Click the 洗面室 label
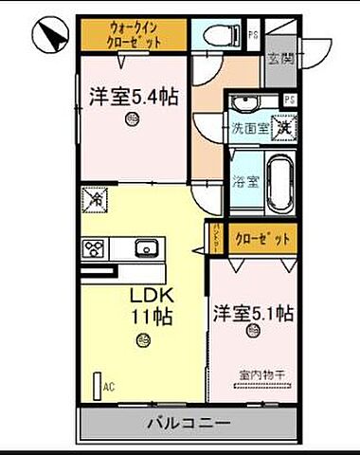pyautogui.click(x=251, y=126)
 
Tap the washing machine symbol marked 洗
pyautogui.click(x=283, y=124)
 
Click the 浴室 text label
pyautogui.click(x=244, y=180)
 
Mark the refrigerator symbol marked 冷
pyautogui.click(x=95, y=200)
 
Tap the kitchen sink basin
pyautogui.click(x=146, y=249)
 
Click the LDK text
pyautogui.click(x=148, y=295)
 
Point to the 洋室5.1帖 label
pyautogui.click(x=253, y=311)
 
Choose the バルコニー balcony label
pyautogui.click(x=183, y=421)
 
